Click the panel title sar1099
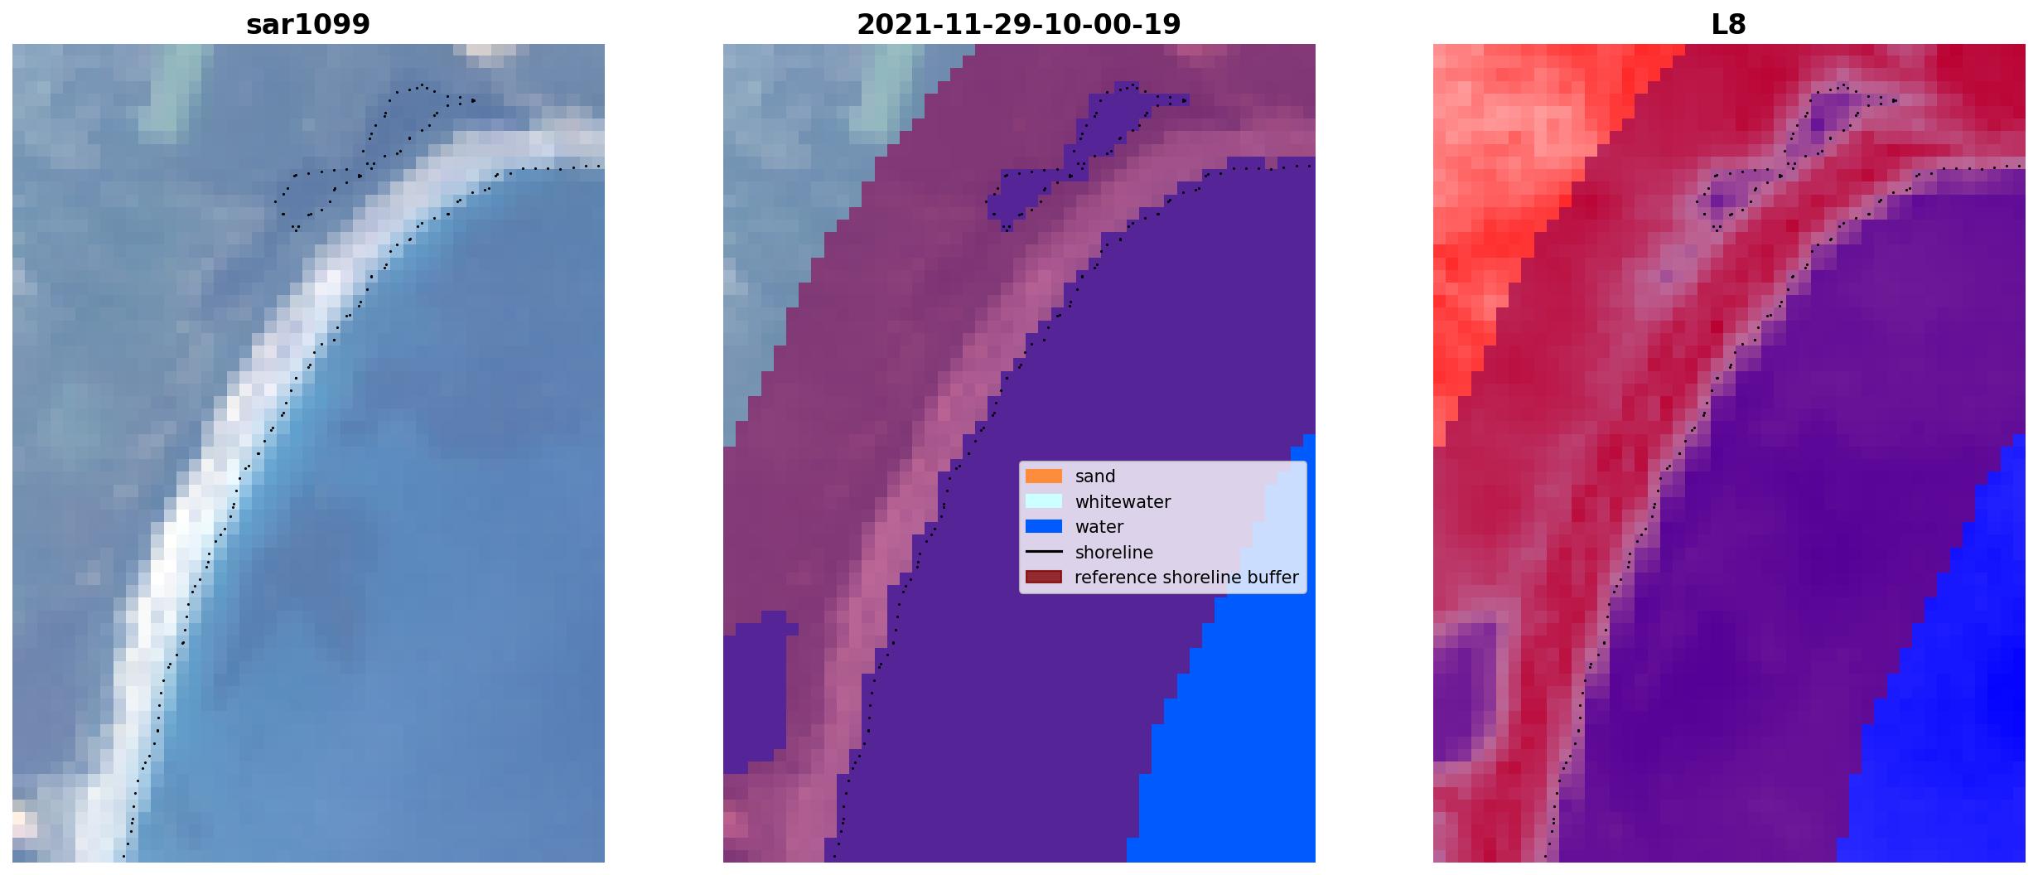pos(308,25)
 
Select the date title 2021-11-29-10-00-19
pos(1019,25)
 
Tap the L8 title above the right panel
pos(1729,25)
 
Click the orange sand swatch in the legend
pos(1044,476)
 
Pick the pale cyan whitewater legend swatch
pos(1044,501)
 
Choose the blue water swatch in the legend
pos(1044,526)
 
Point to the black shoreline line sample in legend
pos(1044,552)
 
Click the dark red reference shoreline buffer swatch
pos(1044,577)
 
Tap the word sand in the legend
pos(1095,476)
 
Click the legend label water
pos(1099,527)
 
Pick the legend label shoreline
pos(1114,552)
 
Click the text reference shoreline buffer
pos(1186,578)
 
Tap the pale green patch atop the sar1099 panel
pos(171,87)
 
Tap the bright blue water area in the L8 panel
pos(1963,679)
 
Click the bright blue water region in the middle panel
pos(1243,729)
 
